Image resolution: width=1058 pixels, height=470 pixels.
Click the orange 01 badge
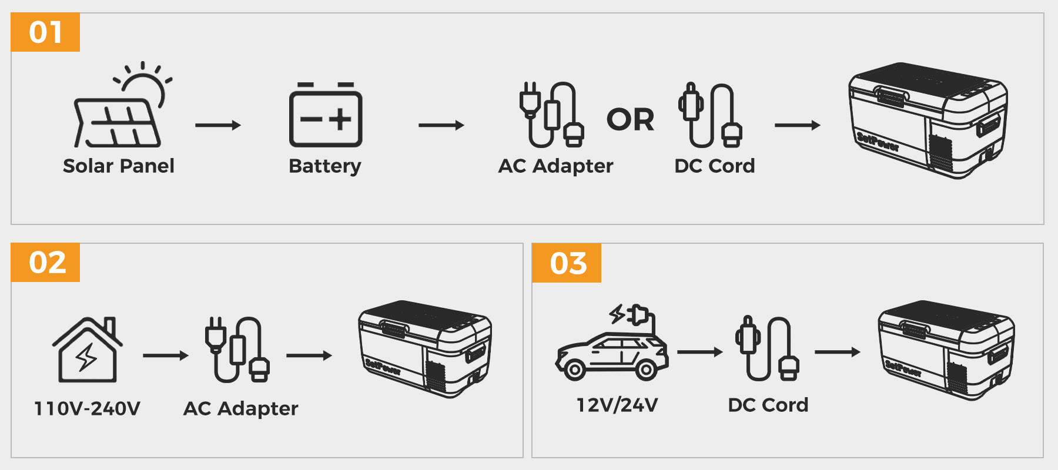point(45,32)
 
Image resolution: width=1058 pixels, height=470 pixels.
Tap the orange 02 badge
point(46,263)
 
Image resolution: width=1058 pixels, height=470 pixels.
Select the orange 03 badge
point(567,263)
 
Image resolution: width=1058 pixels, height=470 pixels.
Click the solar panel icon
point(117,122)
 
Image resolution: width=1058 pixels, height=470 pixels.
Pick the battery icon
point(326,116)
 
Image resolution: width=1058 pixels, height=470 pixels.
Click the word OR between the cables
point(630,120)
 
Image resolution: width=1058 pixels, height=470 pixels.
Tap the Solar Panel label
point(119,166)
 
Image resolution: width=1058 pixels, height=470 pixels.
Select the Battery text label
point(325,166)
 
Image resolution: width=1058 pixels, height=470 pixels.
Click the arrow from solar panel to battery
point(218,125)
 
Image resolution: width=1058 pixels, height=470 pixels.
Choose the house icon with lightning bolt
point(88,350)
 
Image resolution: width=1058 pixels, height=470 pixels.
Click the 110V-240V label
point(88,408)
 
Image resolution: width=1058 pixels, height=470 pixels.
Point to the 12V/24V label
point(617,405)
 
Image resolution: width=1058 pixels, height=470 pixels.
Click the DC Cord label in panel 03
point(768,405)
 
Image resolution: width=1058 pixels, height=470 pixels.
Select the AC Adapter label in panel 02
point(241,408)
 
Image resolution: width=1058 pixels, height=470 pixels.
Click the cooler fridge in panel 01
point(928,120)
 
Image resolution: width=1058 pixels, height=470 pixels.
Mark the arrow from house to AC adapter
point(165,355)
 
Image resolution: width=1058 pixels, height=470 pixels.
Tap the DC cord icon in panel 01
point(711,116)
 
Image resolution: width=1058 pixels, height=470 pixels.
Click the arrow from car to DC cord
point(699,352)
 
